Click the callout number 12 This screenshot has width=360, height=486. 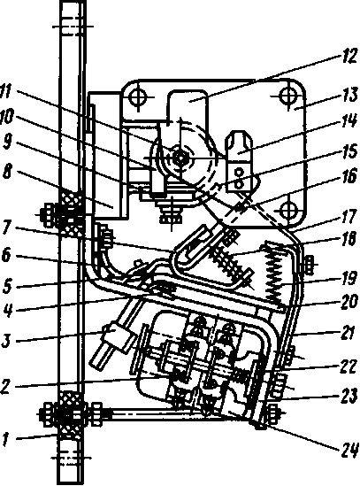click(349, 57)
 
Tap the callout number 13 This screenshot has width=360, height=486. click(349, 94)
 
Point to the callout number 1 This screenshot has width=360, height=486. click(5, 439)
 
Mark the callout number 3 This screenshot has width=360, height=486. click(7, 339)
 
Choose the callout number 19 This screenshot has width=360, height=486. click(349, 278)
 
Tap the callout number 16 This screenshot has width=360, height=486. click(349, 177)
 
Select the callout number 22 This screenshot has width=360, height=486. click(349, 366)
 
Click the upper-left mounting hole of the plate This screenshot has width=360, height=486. click(137, 98)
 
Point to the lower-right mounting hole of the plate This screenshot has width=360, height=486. click(289, 210)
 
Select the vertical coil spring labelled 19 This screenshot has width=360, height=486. click(276, 274)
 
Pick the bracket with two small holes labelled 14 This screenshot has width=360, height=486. click(239, 161)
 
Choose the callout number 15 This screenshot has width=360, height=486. click(349, 153)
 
